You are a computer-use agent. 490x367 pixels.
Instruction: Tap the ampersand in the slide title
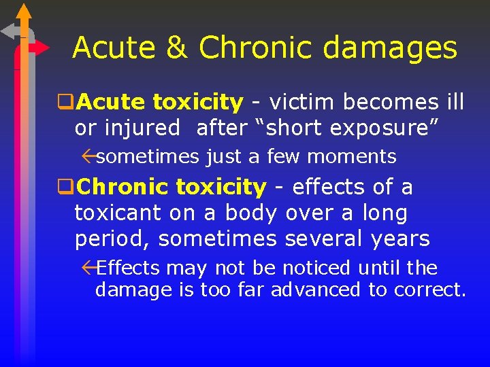click(x=176, y=48)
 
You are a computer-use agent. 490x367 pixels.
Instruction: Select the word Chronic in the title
click(x=262, y=48)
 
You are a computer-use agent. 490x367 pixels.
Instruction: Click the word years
click(x=401, y=239)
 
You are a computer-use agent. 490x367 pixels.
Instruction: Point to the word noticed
click(x=312, y=268)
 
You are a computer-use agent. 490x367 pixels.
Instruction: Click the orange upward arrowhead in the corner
click(x=24, y=12)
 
